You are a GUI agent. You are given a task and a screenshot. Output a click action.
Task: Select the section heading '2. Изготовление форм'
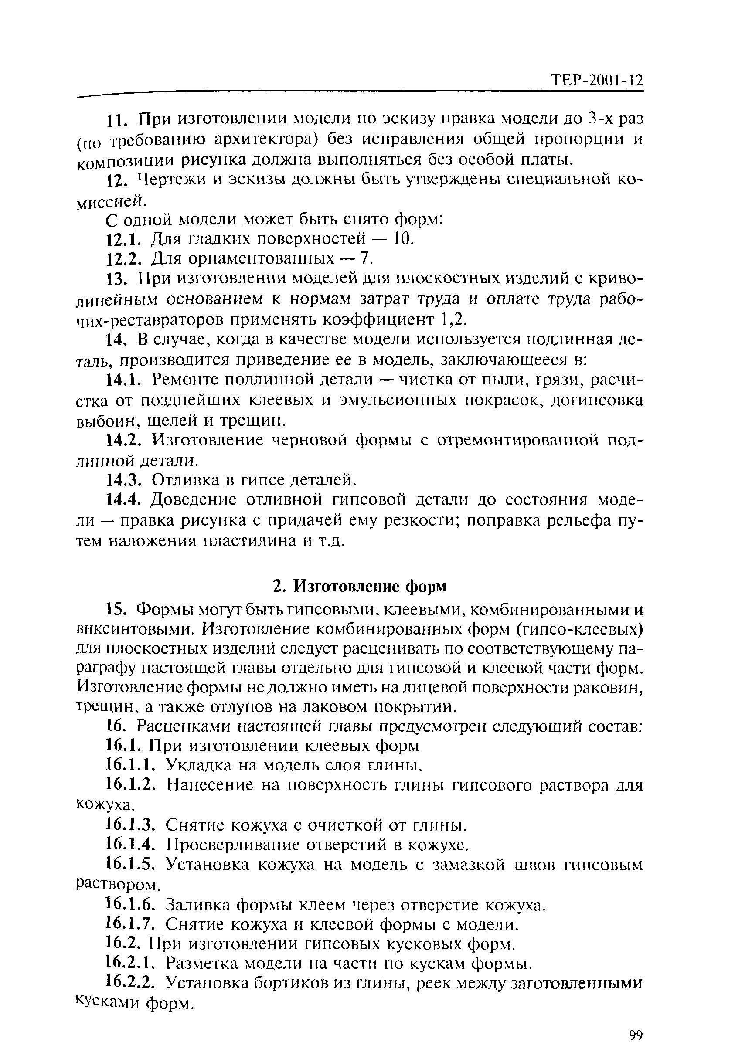(359, 586)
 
